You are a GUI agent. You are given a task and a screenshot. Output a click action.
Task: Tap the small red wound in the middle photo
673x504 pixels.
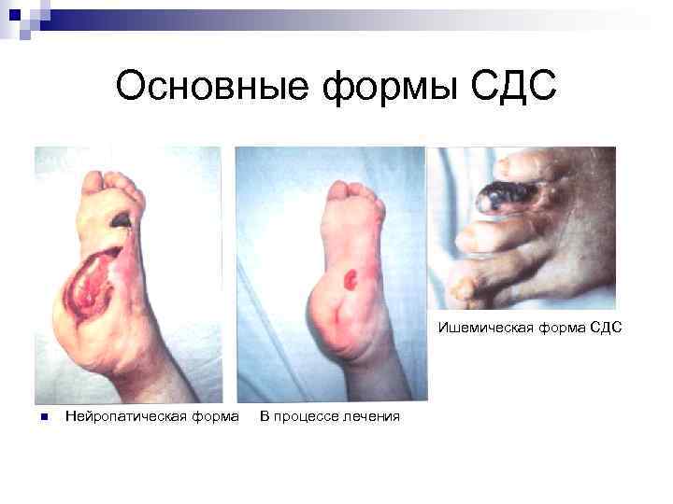351,277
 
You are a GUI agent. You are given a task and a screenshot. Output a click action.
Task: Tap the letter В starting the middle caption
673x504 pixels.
265,415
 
